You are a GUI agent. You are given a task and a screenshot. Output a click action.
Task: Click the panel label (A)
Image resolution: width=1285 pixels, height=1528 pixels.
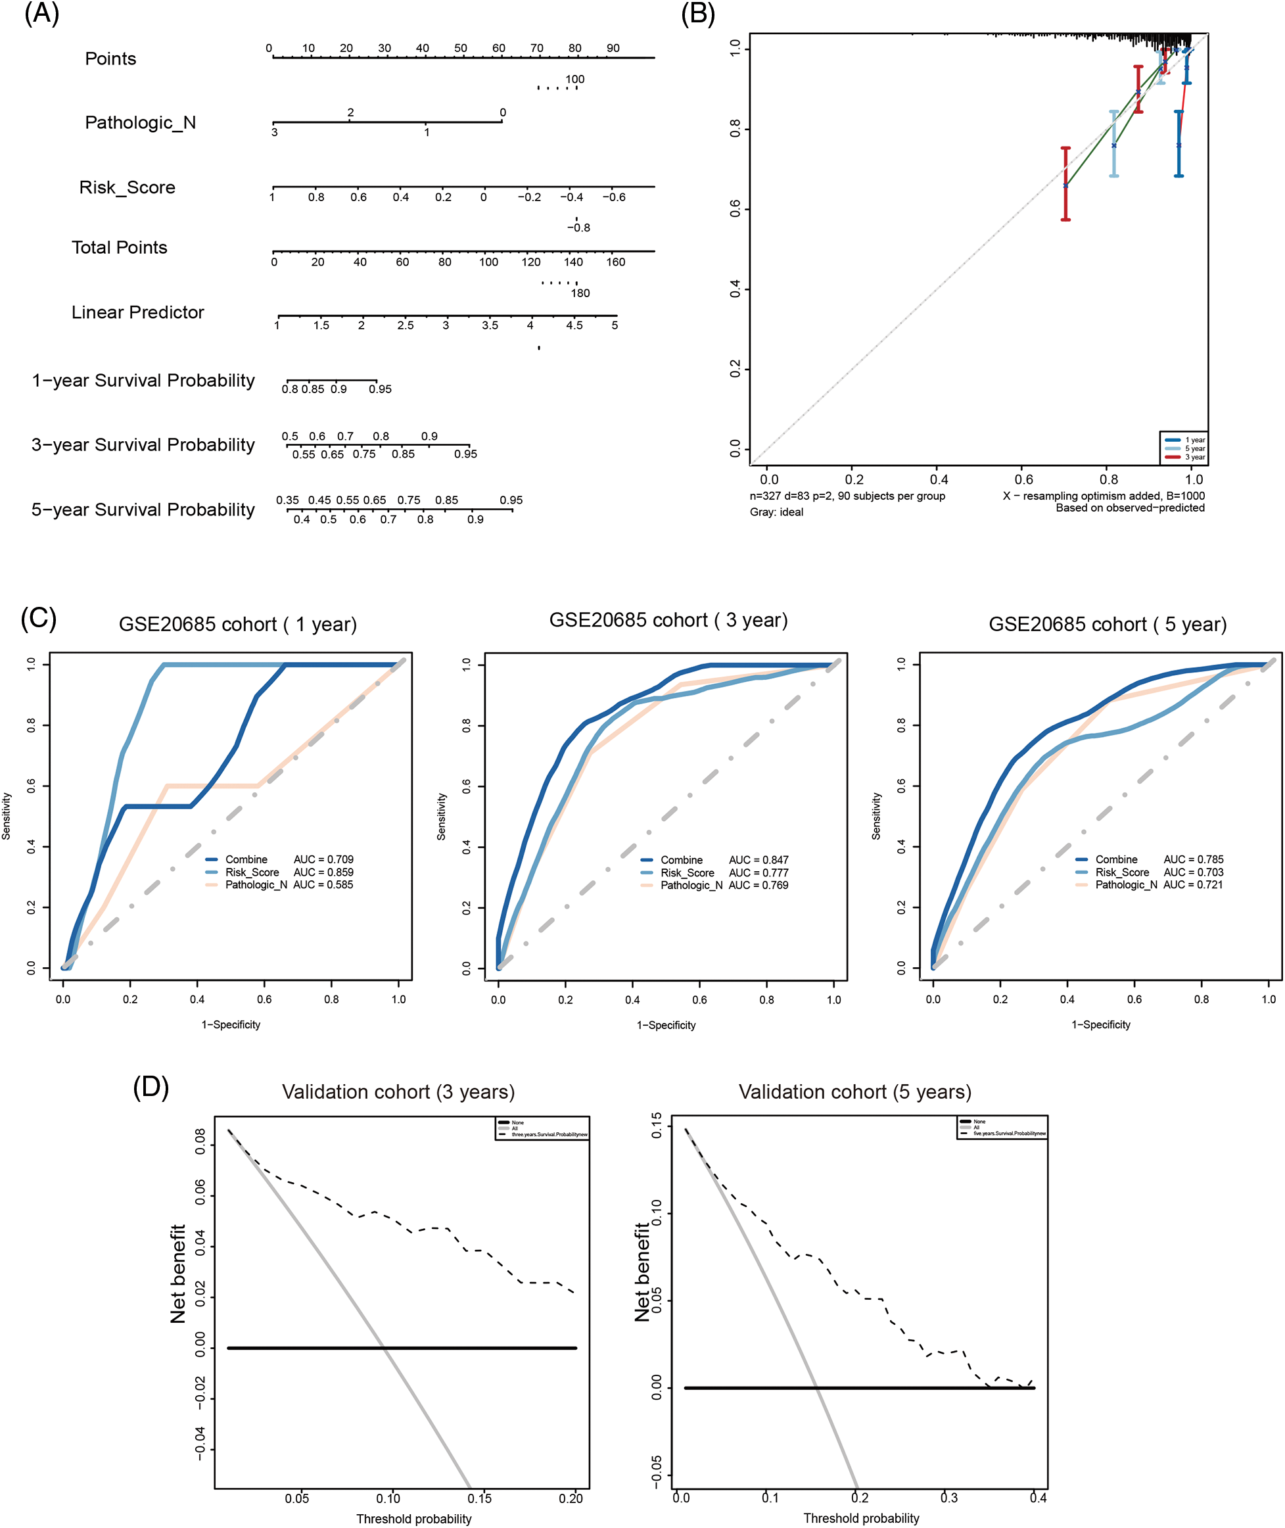click(x=41, y=14)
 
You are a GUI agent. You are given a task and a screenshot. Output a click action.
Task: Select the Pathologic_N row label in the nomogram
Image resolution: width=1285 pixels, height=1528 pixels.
click(x=140, y=122)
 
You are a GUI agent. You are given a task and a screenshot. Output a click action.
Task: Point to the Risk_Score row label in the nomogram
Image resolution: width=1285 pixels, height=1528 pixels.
click(x=127, y=187)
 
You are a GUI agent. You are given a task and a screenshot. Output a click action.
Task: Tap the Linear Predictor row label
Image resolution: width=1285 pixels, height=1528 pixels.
click(x=137, y=312)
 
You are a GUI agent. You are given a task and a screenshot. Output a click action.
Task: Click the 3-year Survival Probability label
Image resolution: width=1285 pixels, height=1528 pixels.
click(x=143, y=444)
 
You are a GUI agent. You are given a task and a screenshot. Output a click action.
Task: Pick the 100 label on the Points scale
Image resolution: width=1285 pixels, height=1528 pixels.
click(x=574, y=80)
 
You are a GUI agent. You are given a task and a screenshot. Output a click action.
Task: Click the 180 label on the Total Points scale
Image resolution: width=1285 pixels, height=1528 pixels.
click(x=580, y=293)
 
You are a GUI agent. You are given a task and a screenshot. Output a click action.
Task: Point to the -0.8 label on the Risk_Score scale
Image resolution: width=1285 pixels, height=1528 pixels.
click(x=579, y=227)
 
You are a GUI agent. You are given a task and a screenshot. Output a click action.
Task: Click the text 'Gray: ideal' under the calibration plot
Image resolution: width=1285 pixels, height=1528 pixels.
click(x=776, y=512)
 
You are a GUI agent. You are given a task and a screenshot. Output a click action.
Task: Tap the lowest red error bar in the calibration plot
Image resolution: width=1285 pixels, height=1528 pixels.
click(x=1065, y=183)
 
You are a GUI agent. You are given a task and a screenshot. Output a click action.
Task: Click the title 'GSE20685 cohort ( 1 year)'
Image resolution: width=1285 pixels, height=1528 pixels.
click(x=237, y=625)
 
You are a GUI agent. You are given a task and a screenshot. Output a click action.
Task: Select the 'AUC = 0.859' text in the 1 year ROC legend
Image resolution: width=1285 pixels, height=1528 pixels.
click(x=323, y=872)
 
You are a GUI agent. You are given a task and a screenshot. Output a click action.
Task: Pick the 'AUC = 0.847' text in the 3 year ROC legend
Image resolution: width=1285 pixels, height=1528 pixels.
click(x=759, y=860)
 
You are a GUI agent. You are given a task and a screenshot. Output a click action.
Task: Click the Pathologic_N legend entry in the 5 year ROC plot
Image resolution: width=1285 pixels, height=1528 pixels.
click(x=1125, y=884)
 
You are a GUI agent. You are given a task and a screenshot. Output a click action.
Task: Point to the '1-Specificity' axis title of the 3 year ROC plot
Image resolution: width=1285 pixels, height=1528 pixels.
click(x=666, y=1025)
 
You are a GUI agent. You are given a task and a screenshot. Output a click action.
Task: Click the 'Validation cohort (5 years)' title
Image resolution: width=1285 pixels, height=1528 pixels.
click(x=854, y=1091)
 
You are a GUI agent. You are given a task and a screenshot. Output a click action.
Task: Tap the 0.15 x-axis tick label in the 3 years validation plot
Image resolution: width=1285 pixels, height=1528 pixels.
click(x=479, y=1499)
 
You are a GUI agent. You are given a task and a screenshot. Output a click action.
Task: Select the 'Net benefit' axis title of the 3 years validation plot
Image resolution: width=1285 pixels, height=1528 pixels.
click(x=177, y=1274)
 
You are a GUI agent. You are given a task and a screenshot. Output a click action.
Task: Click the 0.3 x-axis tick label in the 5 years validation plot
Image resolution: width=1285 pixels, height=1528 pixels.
click(x=948, y=1498)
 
